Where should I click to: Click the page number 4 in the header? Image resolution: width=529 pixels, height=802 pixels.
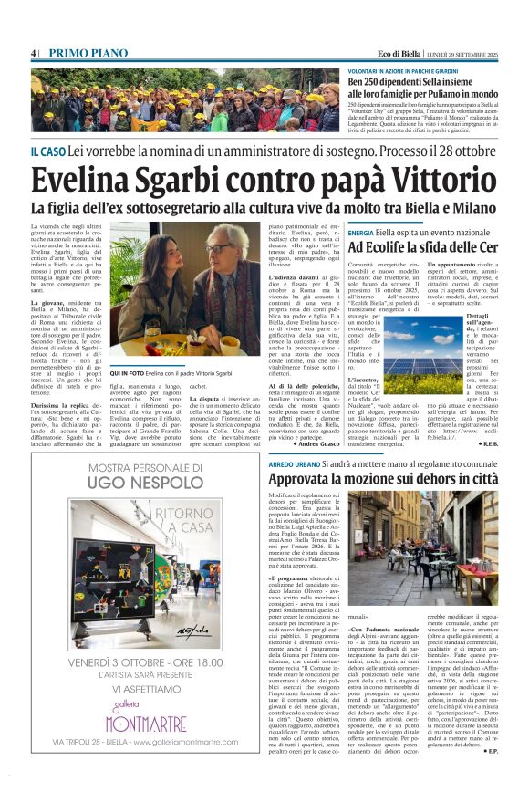(34, 53)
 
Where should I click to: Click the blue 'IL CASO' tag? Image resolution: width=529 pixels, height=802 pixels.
(47, 151)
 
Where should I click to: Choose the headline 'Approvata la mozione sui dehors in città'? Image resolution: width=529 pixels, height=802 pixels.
(383, 479)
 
